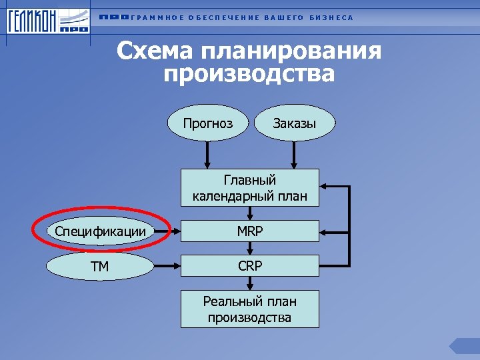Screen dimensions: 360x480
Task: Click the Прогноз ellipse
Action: tap(209, 123)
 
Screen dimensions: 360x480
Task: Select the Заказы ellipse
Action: tap(295, 123)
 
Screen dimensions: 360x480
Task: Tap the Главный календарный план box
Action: tap(249, 188)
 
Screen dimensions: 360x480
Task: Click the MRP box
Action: tap(249, 231)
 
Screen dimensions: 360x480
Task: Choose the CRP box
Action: tap(249, 266)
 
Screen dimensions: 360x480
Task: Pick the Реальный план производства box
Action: tap(249, 309)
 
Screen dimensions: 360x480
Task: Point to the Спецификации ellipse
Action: tap(101, 231)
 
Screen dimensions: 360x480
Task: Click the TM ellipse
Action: tap(101, 267)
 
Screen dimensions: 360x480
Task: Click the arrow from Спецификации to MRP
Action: tap(167, 232)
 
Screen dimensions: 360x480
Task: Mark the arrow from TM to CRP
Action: tap(167, 267)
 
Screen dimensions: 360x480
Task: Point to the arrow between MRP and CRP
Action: tap(249, 249)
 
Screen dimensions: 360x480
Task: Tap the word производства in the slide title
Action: tap(249, 73)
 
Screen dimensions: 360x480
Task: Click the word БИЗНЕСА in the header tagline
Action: tap(331, 17)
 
